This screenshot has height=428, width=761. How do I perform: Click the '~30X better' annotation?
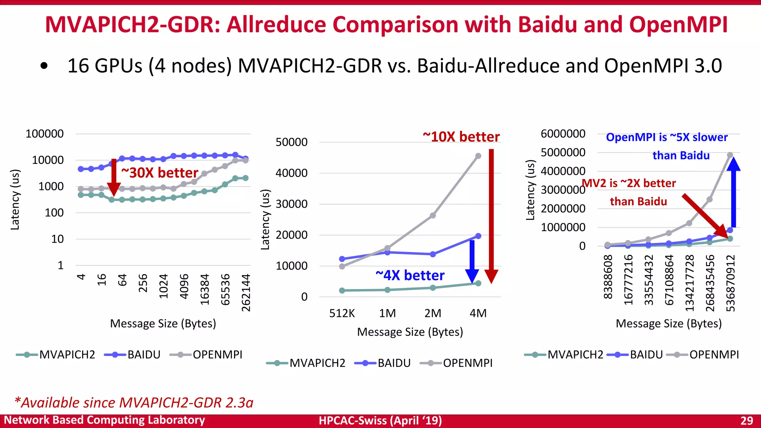pos(160,173)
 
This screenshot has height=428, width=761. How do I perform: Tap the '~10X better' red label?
pos(461,137)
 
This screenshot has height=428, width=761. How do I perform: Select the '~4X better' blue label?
pos(410,275)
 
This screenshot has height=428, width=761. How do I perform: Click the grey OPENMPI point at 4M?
pos(478,156)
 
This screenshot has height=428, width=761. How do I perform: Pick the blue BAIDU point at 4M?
pos(478,236)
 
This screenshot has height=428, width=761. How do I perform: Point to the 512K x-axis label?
pos(342,313)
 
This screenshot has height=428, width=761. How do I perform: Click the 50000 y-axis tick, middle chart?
pos(291,142)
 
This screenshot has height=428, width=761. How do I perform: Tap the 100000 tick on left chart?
pos(45,134)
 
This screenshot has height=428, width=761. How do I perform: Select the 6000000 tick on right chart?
pos(563,134)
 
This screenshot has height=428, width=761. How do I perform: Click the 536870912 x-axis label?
pos(730,283)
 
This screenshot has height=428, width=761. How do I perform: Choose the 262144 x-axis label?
pos(246,293)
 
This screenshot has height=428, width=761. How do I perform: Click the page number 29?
pos(747,421)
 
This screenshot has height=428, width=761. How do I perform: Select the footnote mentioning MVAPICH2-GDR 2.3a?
pos(134,403)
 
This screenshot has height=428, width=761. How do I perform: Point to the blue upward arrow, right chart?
pos(733,193)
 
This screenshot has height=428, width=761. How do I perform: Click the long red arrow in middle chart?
pos(491,215)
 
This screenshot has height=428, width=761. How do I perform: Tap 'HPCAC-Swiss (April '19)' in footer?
pos(380,421)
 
